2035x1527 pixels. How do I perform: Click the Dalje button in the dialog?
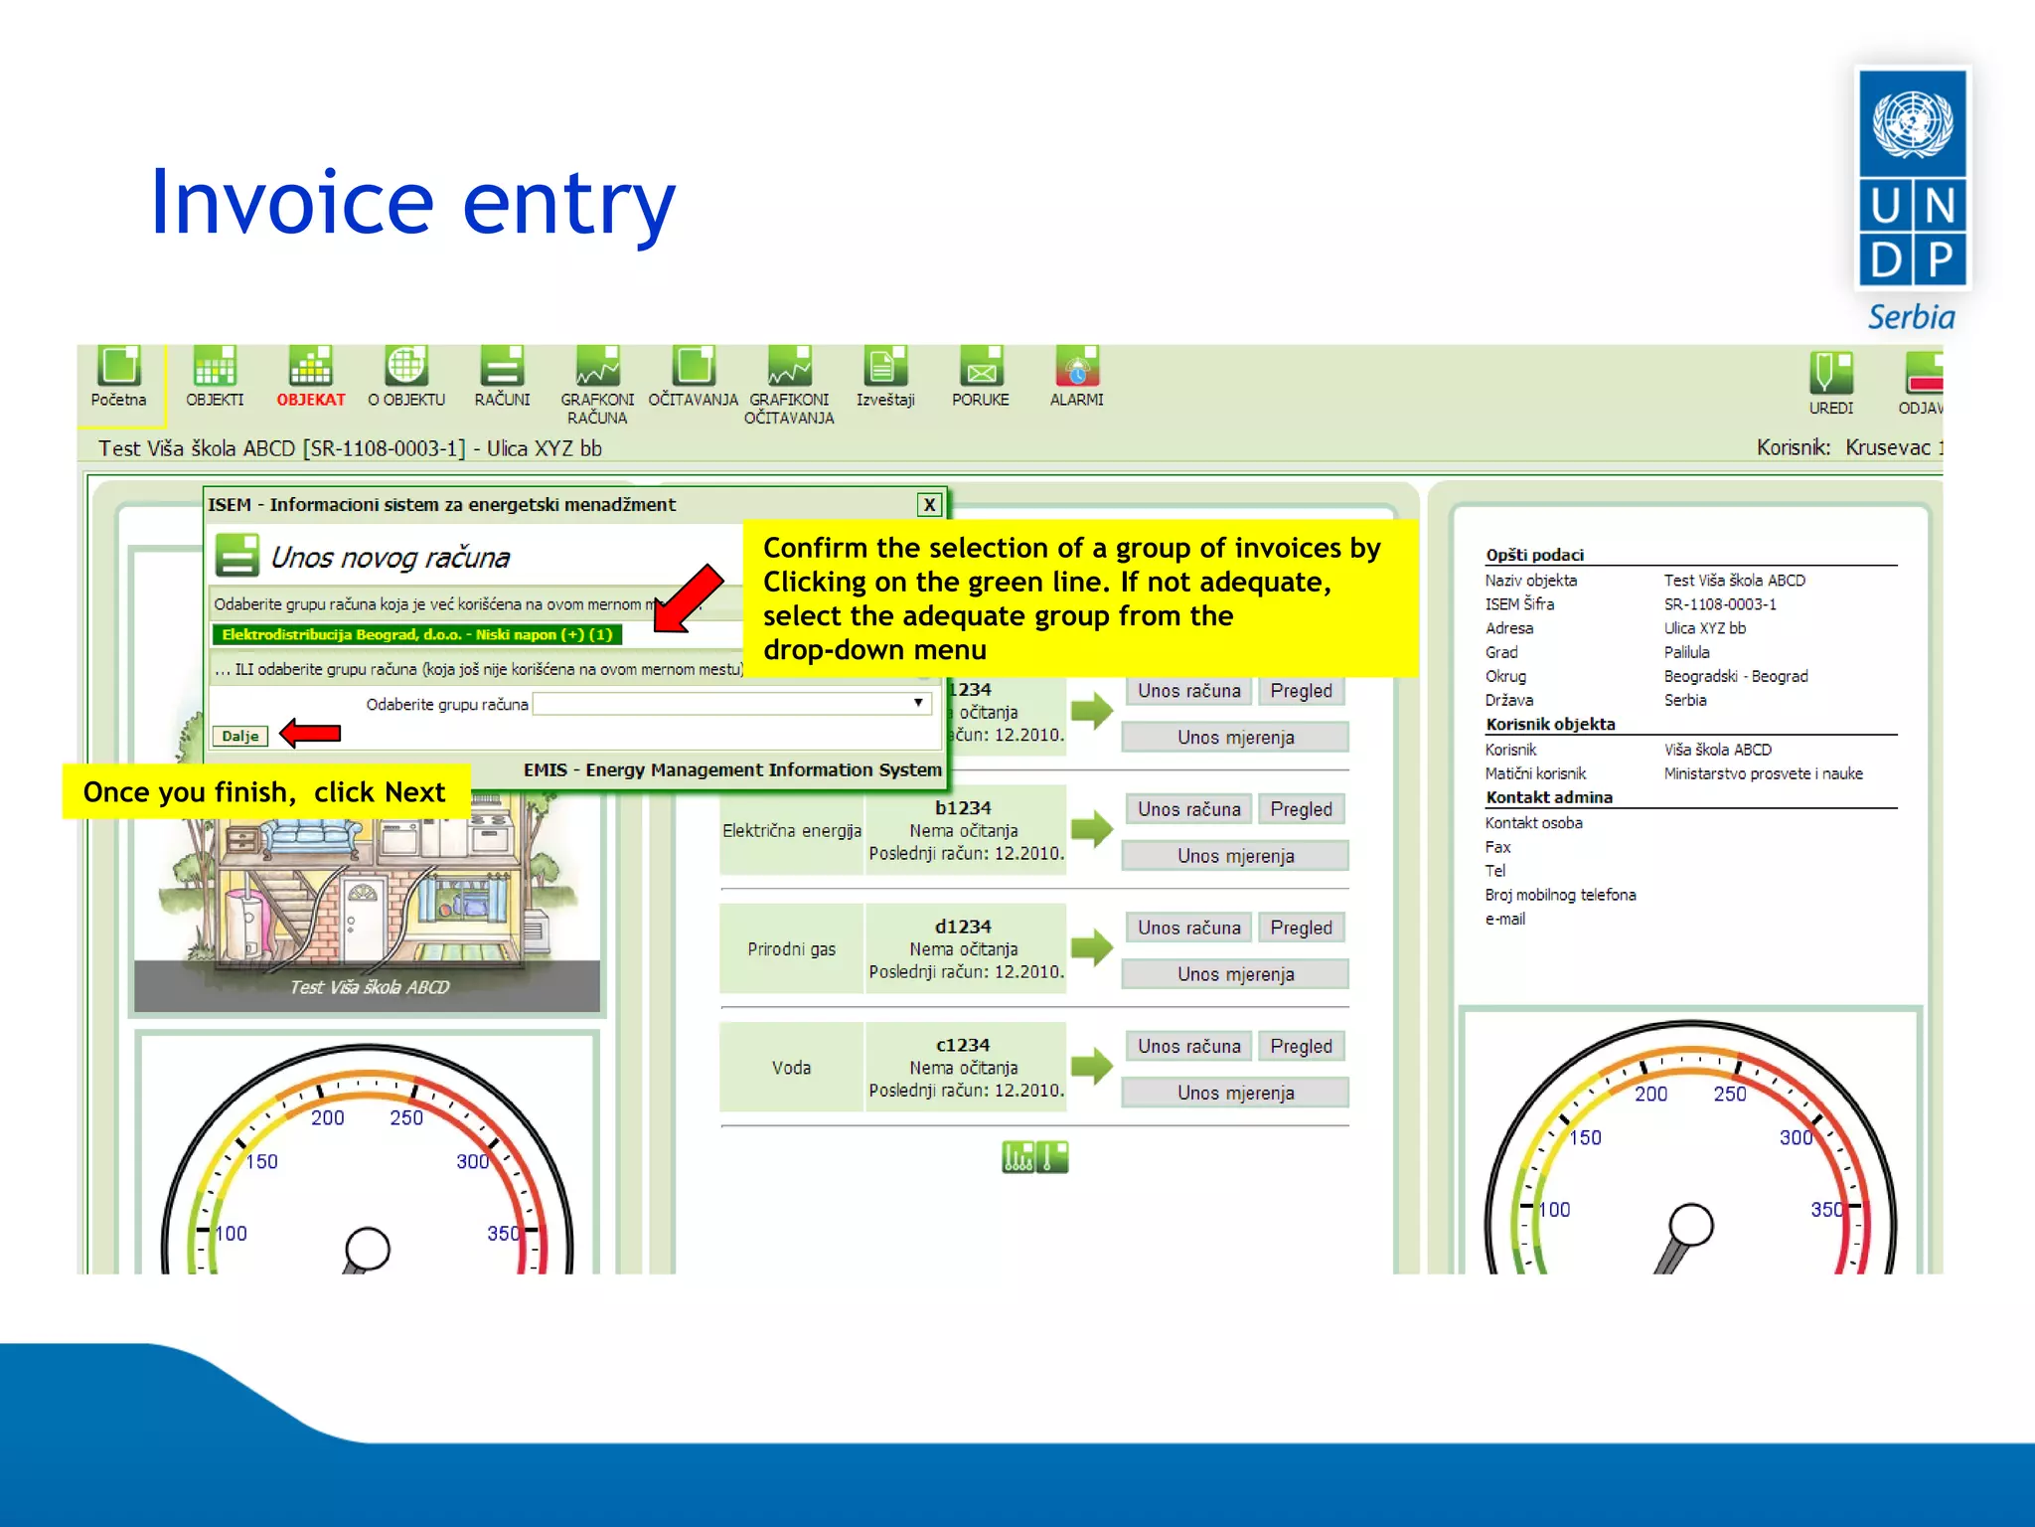[x=239, y=737]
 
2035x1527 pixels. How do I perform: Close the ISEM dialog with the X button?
[x=929, y=505]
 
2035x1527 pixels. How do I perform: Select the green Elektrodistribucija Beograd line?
[x=416, y=634]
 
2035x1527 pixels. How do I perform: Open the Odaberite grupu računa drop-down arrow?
[x=918, y=703]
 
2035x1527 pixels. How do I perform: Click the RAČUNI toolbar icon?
[x=502, y=368]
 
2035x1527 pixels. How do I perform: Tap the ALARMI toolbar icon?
[x=1076, y=368]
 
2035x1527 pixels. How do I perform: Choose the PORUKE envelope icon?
[x=981, y=368]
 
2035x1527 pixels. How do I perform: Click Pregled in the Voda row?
[x=1301, y=1046]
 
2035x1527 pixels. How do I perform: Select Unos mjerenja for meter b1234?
[x=1235, y=856]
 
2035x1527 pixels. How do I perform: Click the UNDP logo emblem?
[x=1913, y=179]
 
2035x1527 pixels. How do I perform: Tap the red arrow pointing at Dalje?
[x=311, y=734]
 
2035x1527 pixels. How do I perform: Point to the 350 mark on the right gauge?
[x=1826, y=1209]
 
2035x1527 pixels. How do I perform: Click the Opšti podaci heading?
[x=1534, y=555]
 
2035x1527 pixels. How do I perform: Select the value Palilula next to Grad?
[x=1686, y=652]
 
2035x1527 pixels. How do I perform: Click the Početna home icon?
[x=119, y=368]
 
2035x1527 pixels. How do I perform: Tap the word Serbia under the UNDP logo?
[x=1911, y=317]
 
